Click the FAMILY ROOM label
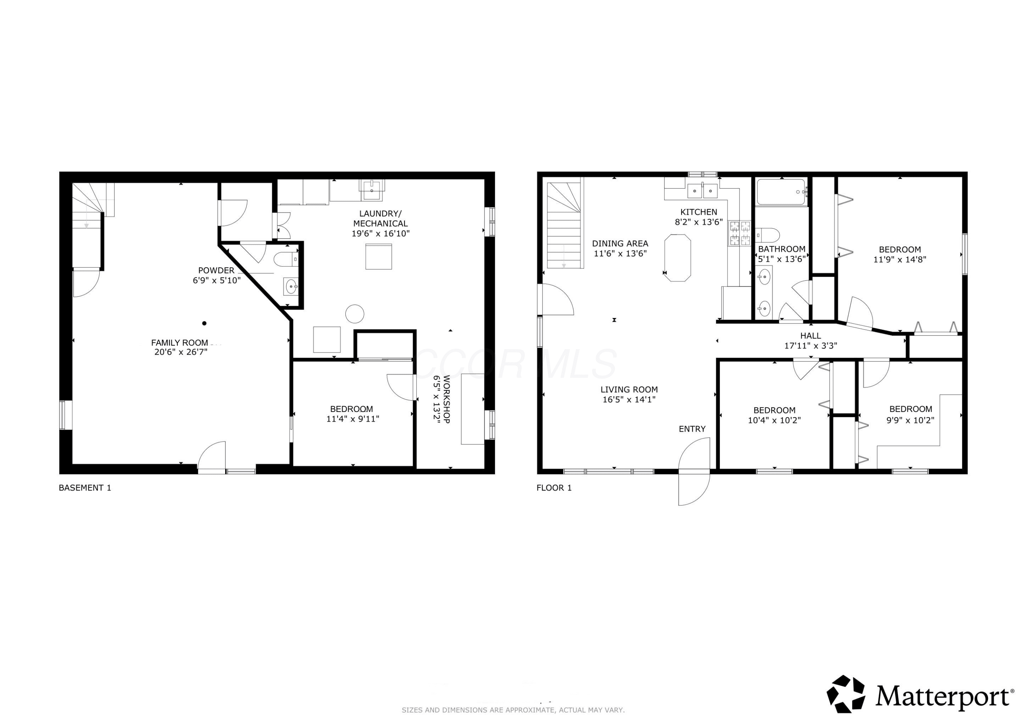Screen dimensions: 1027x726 pyautogui.click(x=179, y=343)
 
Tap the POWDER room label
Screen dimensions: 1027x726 pyautogui.click(x=216, y=270)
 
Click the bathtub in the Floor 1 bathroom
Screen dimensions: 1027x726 pyautogui.click(x=782, y=192)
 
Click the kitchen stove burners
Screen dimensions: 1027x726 pyautogui.click(x=740, y=233)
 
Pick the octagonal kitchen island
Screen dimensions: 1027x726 pyautogui.click(x=678, y=258)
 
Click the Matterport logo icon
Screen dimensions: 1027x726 pyautogui.click(x=846, y=694)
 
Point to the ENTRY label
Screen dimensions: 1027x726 pyautogui.click(x=692, y=429)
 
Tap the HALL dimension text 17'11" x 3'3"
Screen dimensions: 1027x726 pyautogui.click(x=811, y=345)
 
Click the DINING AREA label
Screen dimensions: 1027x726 pyautogui.click(x=620, y=243)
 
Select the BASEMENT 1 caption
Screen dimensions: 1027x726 pyautogui.click(x=85, y=487)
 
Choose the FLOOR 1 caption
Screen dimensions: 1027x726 pyautogui.click(x=554, y=487)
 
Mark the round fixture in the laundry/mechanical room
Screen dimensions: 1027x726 pyautogui.click(x=355, y=314)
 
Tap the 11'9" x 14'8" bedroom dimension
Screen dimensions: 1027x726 pyautogui.click(x=900, y=259)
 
